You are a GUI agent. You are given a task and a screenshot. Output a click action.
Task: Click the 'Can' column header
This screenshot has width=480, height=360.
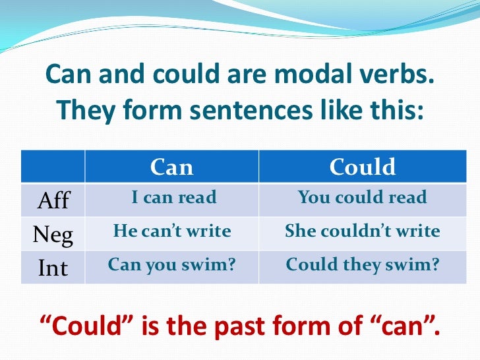tap(171, 167)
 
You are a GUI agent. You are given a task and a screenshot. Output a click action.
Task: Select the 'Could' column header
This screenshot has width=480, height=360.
tap(363, 167)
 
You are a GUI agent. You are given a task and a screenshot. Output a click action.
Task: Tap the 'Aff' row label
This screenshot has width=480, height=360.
tap(52, 200)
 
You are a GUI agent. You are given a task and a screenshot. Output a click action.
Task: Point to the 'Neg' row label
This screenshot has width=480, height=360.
tap(53, 233)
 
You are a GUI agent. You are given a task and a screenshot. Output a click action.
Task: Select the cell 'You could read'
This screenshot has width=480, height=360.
tap(363, 197)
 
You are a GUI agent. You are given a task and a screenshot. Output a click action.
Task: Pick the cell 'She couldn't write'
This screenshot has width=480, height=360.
tap(363, 231)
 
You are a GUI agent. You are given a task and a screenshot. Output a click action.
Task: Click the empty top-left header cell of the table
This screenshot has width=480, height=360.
tap(52, 166)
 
